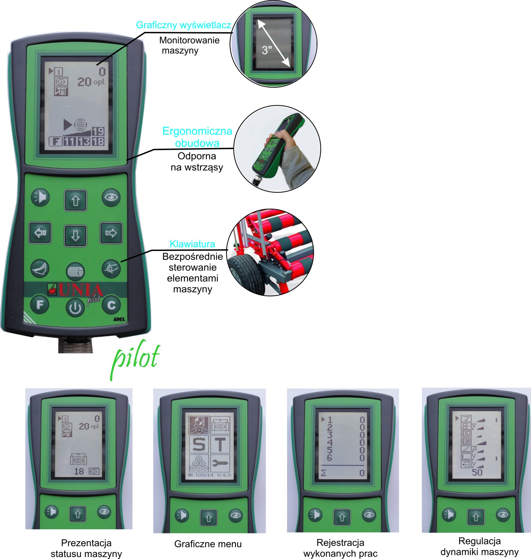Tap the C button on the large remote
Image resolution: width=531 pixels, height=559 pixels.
[x=111, y=305]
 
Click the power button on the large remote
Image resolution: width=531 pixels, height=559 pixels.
[x=75, y=308]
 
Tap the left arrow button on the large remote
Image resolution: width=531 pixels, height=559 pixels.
[x=40, y=233]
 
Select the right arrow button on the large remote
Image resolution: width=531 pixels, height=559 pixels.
[x=111, y=233]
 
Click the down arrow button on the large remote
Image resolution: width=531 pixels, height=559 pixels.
[x=75, y=235]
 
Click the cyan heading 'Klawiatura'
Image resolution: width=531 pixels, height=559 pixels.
[x=192, y=244]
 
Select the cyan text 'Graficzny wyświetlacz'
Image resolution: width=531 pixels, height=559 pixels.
[x=183, y=25]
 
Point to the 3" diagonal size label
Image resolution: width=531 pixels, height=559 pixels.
[x=267, y=50]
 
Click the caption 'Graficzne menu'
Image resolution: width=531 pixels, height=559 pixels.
[x=208, y=544]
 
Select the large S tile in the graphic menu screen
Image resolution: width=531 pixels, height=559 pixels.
[x=199, y=444]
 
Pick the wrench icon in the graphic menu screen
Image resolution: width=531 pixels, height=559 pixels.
[x=220, y=463]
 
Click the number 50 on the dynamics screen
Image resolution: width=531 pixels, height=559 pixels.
[x=477, y=472]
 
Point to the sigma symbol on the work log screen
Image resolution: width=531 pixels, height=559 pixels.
[x=324, y=473]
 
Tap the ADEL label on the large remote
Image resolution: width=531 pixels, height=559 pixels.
[x=119, y=319]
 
